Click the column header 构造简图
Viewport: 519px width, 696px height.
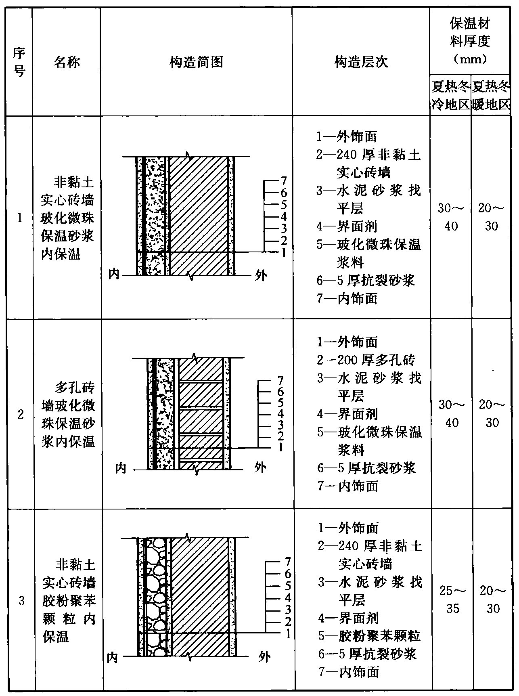click(x=196, y=62)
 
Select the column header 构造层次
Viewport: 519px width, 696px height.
click(x=361, y=62)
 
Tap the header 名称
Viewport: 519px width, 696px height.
click(x=67, y=62)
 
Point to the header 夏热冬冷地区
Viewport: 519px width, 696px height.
click(x=450, y=96)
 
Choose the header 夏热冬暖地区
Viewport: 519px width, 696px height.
click(x=491, y=96)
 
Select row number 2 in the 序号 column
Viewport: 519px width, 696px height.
click(x=20, y=414)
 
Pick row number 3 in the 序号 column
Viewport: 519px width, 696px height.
click(x=21, y=601)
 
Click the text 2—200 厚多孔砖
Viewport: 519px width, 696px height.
click(x=366, y=359)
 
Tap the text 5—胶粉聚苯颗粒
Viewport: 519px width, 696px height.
click(x=369, y=636)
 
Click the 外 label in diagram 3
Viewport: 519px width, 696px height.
click(x=264, y=657)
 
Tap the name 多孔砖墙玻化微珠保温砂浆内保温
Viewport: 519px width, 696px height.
click(x=68, y=415)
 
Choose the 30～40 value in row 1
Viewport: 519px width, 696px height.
click(x=451, y=217)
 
